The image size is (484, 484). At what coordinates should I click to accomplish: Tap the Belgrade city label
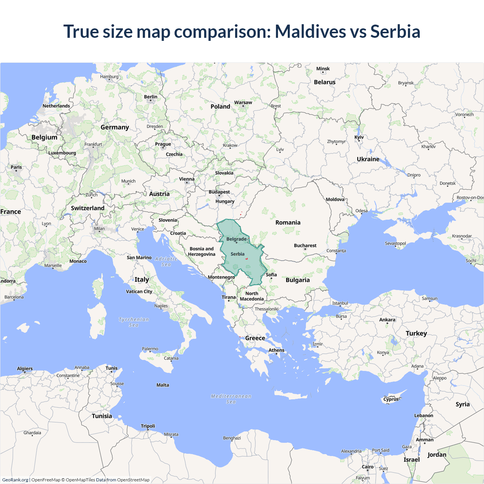[236, 239]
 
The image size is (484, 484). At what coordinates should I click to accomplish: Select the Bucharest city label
[305, 245]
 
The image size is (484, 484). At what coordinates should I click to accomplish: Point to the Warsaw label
[243, 102]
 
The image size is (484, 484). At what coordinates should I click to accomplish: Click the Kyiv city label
[359, 137]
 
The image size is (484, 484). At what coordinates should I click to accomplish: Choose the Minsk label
[323, 69]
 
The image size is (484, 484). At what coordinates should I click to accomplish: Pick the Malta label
[163, 385]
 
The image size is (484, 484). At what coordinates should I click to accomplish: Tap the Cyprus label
[391, 399]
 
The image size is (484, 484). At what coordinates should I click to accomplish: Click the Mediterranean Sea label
[231, 399]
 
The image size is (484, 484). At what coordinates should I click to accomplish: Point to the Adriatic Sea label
[166, 262]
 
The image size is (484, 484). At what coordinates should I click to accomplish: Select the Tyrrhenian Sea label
[134, 322]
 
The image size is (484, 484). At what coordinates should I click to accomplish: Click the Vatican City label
[139, 292]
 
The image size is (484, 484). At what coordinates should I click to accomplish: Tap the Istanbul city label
[340, 303]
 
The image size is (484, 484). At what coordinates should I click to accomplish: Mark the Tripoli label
[148, 426]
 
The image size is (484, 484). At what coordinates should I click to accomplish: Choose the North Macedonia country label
[252, 296]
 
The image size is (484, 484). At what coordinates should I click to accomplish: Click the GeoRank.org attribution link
[15, 480]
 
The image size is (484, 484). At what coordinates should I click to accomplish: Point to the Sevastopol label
[395, 243]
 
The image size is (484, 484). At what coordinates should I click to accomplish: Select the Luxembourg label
[62, 153]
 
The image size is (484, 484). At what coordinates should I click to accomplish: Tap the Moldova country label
[335, 199]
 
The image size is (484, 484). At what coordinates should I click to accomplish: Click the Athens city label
[276, 350]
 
